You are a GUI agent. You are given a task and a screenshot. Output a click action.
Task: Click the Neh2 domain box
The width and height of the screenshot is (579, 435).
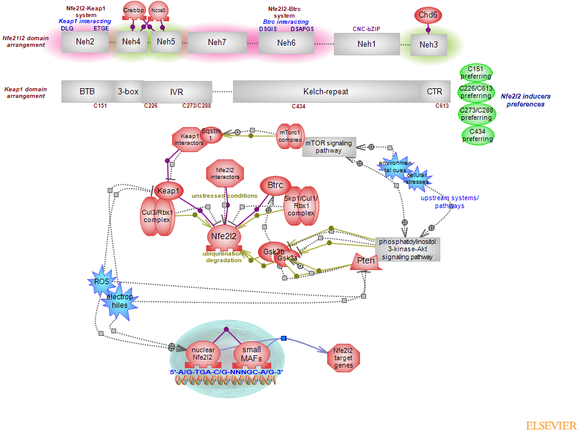point(85,42)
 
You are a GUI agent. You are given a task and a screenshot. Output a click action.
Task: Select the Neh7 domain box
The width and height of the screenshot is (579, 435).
point(217,42)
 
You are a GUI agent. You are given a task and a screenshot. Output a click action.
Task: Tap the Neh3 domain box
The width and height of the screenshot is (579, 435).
point(428,44)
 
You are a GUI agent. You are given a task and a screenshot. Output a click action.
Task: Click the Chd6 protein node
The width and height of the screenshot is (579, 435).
point(428,15)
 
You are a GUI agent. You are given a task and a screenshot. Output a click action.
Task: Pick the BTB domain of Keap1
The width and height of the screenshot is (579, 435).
point(87,91)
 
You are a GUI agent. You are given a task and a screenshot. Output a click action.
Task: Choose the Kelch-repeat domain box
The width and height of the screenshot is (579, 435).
point(326,91)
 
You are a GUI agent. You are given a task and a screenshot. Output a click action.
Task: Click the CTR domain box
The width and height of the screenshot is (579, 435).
point(434,91)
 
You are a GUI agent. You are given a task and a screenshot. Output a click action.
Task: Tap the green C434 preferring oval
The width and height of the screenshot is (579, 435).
point(477,135)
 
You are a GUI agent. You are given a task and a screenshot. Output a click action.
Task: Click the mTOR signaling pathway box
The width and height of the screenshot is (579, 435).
point(328,147)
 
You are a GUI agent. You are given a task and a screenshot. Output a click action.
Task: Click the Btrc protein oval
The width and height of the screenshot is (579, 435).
point(276,185)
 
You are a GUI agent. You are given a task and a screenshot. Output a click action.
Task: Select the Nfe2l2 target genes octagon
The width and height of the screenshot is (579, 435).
point(344,358)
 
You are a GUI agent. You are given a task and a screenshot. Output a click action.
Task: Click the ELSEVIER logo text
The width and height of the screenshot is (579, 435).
point(550,425)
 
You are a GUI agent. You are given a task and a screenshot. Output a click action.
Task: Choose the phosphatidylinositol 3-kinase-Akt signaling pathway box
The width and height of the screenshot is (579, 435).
point(406,249)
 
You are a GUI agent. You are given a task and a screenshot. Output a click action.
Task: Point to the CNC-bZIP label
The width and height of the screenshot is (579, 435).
point(367,29)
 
